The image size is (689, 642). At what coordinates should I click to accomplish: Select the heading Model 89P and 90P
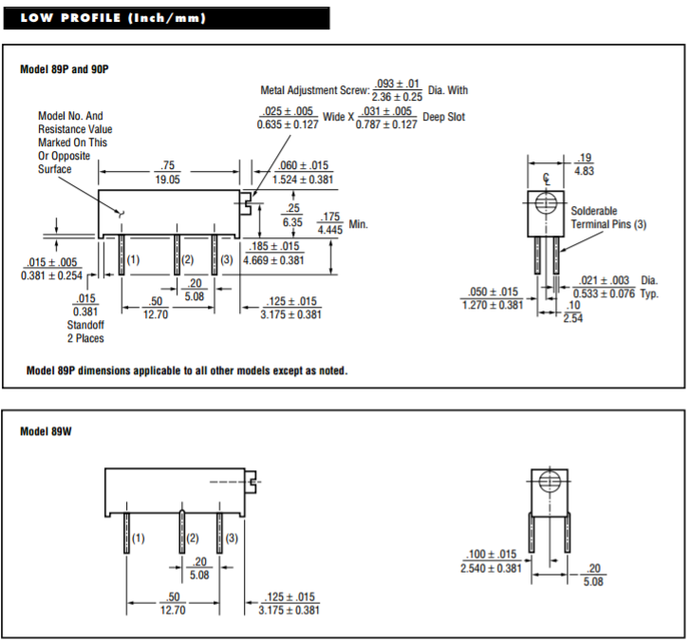click(65, 69)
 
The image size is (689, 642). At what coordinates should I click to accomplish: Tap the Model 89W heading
click(46, 431)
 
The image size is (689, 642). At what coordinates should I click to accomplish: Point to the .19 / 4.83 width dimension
click(585, 164)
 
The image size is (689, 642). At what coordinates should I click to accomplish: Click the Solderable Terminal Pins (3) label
click(607, 217)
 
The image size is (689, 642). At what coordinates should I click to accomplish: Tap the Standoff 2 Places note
click(85, 331)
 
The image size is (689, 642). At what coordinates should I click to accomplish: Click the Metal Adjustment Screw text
click(313, 90)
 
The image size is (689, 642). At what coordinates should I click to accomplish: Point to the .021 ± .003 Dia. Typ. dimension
click(617, 287)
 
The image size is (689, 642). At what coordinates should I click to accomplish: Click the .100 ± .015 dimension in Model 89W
click(490, 561)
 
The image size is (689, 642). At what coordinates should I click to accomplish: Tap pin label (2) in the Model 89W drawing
click(193, 538)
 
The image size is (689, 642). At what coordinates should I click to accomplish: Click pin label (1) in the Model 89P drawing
click(133, 259)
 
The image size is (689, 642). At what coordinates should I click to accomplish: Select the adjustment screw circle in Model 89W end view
click(548, 481)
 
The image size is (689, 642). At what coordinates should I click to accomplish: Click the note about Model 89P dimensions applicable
click(187, 370)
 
